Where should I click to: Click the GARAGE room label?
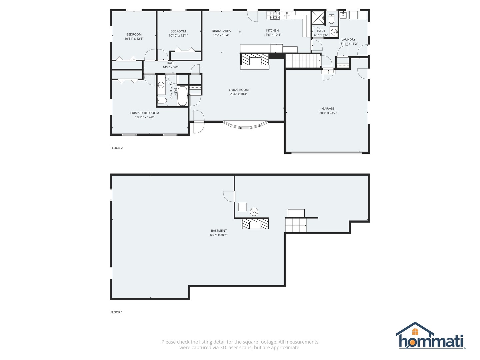pyautogui.click(x=328, y=109)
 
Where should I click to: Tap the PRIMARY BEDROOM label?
pyautogui.click(x=145, y=113)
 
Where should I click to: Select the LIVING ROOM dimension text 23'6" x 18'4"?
pyautogui.click(x=239, y=94)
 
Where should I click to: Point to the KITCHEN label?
pyautogui.click(x=272, y=31)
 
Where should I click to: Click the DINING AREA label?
pyautogui.click(x=221, y=31)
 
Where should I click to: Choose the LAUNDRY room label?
pyautogui.click(x=348, y=40)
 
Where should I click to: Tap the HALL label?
pyautogui.click(x=170, y=63)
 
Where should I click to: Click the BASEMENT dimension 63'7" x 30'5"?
pyautogui.click(x=219, y=235)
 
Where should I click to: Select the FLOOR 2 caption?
pyautogui.click(x=117, y=148)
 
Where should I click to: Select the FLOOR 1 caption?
pyautogui.click(x=117, y=312)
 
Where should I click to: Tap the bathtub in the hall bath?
pyautogui.click(x=182, y=96)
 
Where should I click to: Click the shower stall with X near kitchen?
pyautogui.click(x=318, y=18)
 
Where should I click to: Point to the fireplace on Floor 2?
pyautogui.click(x=255, y=61)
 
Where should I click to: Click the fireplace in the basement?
pyautogui.click(x=255, y=224)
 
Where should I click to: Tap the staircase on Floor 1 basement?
pyautogui.click(x=296, y=225)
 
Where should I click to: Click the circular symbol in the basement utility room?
pyautogui.click(x=254, y=211)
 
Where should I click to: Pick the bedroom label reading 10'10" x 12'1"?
pyautogui.click(x=178, y=36)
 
